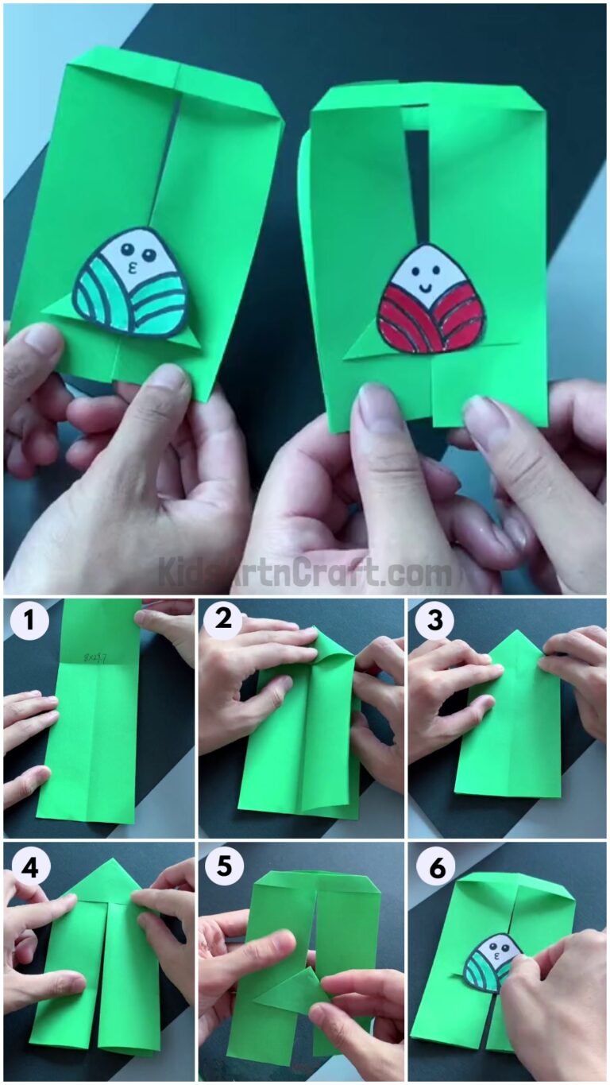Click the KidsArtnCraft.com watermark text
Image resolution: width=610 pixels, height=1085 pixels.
pyautogui.click(x=304, y=572)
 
